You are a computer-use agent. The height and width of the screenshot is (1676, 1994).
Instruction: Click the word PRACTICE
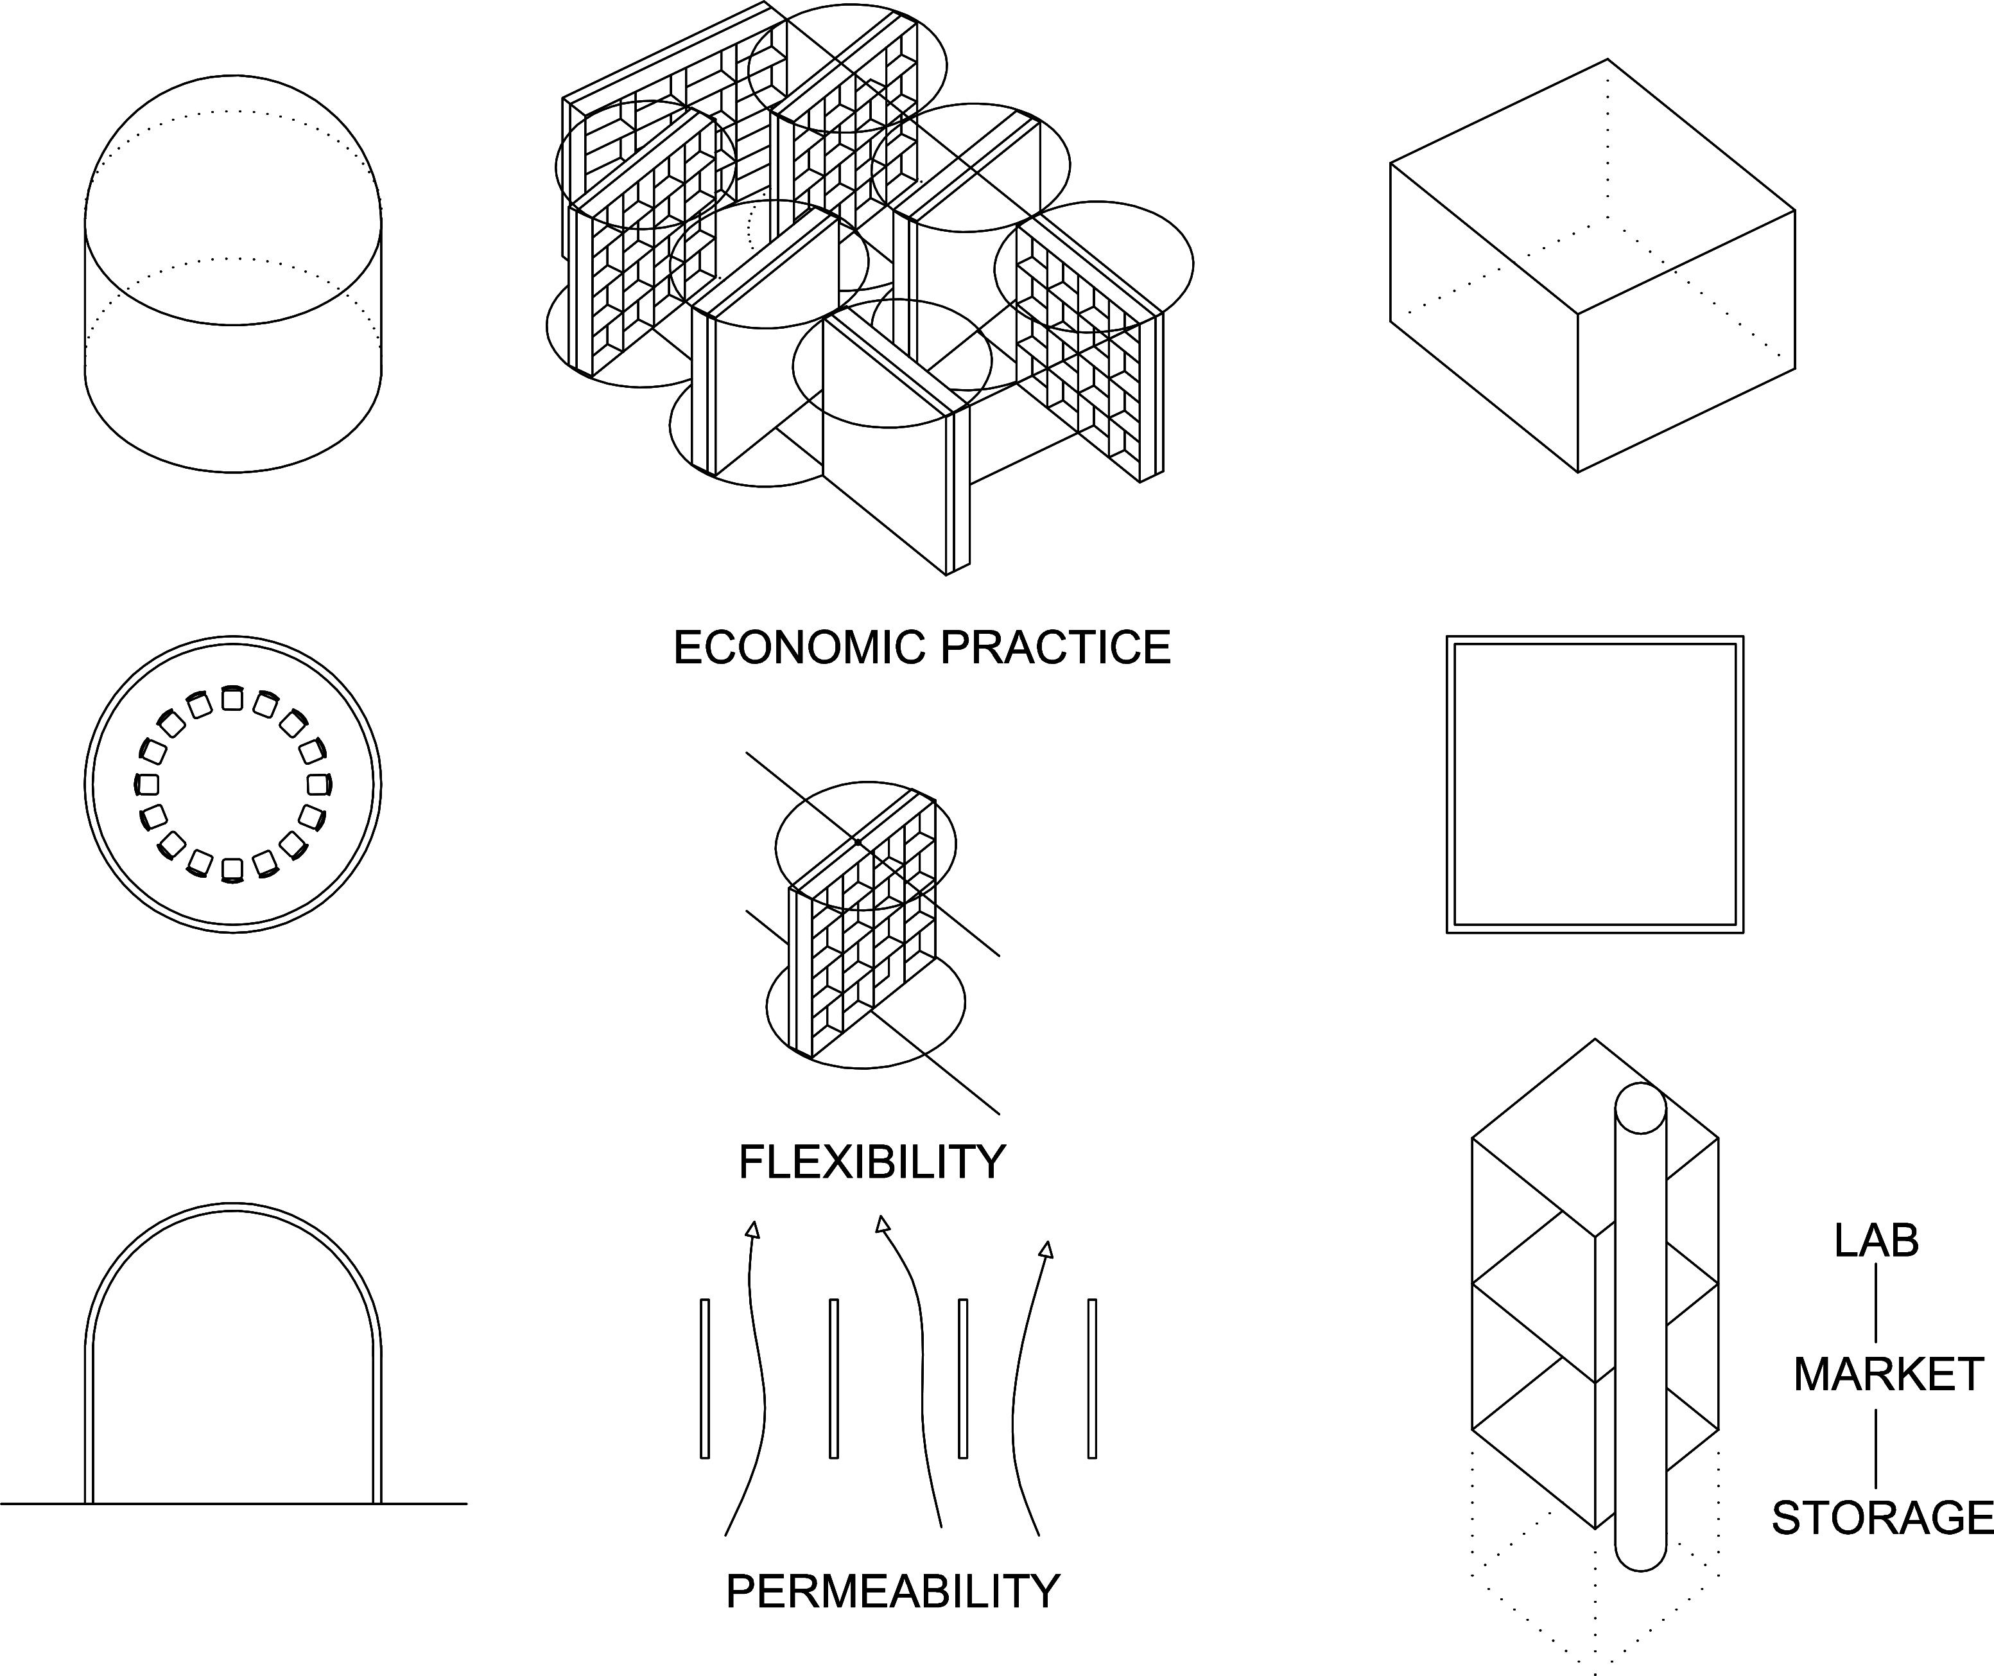pyautogui.click(x=1055, y=648)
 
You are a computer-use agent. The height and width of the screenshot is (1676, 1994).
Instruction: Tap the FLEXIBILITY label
pyautogui.click(x=871, y=1162)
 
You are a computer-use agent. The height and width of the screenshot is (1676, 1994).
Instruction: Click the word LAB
pyautogui.click(x=1877, y=1241)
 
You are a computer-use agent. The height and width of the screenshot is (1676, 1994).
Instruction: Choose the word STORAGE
pyautogui.click(x=1882, y=1518)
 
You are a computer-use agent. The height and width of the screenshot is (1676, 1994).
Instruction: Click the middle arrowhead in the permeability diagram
pyautogui.click(x=883, y=1224)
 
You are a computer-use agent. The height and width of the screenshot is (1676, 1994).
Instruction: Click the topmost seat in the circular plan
pyautogui.click(x=232, y=700)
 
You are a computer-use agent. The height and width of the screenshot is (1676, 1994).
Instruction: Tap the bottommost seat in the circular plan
pyautogui.click(x=232, y=870)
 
